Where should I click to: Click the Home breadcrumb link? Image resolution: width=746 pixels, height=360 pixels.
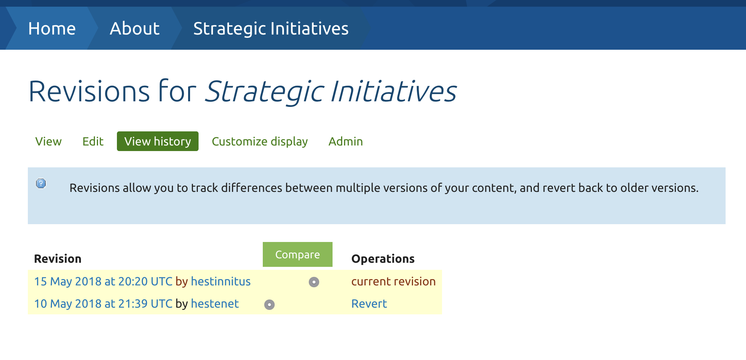[x=52, y=29]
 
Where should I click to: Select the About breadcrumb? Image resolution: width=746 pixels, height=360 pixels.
[x=134, y=29]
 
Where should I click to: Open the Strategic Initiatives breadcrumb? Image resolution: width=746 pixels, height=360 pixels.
[x=271, y=29]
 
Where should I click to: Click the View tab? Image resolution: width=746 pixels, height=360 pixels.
[x=48, y=141]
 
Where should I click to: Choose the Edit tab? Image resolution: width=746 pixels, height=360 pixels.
[x=93, y=141]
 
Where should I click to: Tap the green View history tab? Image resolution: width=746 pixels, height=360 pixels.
[x=157, y=141]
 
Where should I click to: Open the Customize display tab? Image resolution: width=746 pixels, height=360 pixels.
[x=259, y=141]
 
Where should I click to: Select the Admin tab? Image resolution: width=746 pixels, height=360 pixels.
[x=345, y=141]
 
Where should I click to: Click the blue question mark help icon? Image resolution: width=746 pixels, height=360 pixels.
[x=41, y=183]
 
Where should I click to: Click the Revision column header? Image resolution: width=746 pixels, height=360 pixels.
[x=58, y=259]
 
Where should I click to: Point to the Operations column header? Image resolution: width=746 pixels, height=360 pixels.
[x=383, y=259]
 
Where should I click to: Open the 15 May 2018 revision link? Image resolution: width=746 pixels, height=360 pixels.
[x=103, y=281]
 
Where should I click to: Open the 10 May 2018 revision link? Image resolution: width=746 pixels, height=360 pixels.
[x=103, y=304]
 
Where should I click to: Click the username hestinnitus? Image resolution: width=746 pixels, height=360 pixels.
[x=220, y=281]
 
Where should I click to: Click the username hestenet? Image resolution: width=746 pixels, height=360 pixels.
[x=215, y=304]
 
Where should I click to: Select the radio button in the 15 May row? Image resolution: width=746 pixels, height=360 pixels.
[x=314, y=282]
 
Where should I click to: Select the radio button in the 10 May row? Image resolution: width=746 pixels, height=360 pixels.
[x=269, y=305]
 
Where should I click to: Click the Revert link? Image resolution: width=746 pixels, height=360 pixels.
[x=369, y=304]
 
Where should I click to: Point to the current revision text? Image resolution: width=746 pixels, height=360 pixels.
[x=393, y=281]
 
